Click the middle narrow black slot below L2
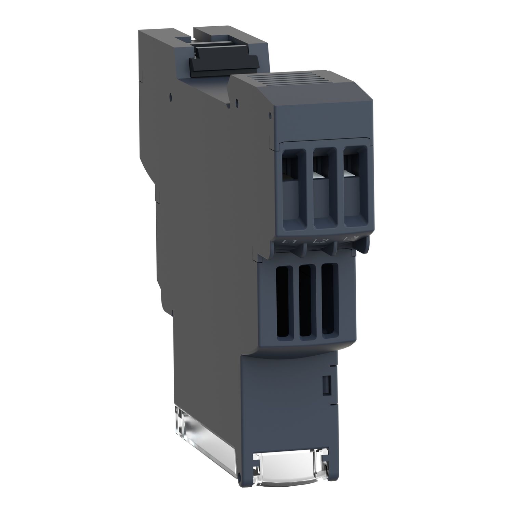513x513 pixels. tap(305, 301)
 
